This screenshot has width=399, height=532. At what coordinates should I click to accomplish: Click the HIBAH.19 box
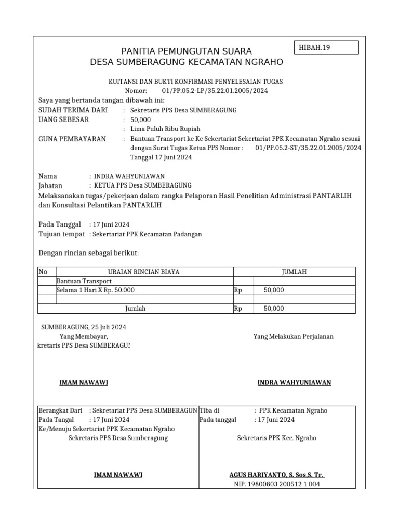pyautogui.click(x=327, y=48)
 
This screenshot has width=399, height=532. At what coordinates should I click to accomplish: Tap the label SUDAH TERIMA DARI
pyautogui.click(x=73, y=110)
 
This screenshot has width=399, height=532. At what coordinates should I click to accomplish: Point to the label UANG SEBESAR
pyautogui.click(x=64, y=119)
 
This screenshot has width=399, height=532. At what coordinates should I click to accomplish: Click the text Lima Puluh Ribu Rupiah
pyautogui.click(x=165, y=129)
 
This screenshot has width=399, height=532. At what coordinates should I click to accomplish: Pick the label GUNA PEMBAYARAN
pyautogui.click(x=72, y=139)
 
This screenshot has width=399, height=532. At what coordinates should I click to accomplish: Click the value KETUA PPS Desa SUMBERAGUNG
pyautogui.click(x=142, y=185)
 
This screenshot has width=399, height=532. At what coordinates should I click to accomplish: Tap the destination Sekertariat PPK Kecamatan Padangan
pyautogui.click(x=147, y=234)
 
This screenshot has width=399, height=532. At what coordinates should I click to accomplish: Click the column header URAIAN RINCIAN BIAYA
pyautogui.click(x=144, y=272)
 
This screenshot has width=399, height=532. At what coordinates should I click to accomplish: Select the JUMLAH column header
pyautogui.click(x=294, y=272)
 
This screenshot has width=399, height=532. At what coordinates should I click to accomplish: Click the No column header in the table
pyautogui.click(x=43, y=272)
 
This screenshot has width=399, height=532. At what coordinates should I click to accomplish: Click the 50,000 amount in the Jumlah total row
pyautogui.click(x=274, y=309)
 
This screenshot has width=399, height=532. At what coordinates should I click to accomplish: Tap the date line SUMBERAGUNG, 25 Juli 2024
pyautogui.click(x=84, y=327)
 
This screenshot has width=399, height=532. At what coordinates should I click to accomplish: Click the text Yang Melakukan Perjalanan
pyautogui.click(x=294, y=336)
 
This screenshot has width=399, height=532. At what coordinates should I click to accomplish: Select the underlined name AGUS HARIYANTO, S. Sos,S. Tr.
pyautogui.click(x=277, y=475)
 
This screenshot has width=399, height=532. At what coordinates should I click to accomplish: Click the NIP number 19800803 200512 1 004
pyautogui.click(x=277, y=484)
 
